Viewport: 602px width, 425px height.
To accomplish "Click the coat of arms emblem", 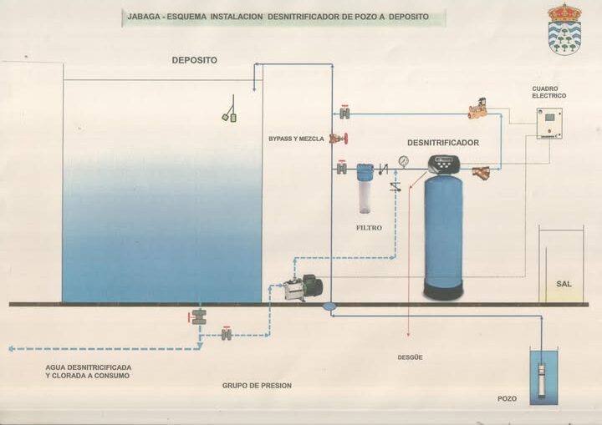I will click(x=564, y=28).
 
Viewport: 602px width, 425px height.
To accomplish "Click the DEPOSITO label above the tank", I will click(x=194, y=60).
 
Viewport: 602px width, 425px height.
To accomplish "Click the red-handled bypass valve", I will click(x=339, y=139).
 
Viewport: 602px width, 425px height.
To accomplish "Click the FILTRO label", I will click(x=369, y=227).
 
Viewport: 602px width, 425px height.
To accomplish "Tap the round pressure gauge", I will click(x=404, y=160).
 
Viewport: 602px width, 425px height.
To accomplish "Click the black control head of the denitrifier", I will click(x=443, y=163).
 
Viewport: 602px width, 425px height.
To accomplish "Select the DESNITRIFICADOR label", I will click(x=443, y=143).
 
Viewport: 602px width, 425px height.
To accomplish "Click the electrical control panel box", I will click(x=548, y=123).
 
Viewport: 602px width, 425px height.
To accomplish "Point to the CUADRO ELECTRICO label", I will click(x=549, y=92).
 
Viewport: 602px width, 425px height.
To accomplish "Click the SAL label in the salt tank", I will click(x=564, y=284).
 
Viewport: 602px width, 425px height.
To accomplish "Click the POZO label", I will click(x=508, y=398).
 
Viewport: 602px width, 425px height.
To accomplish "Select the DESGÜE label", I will click(x=410, y=357).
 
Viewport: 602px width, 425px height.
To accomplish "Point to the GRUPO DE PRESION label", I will click(x=257, y=385).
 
